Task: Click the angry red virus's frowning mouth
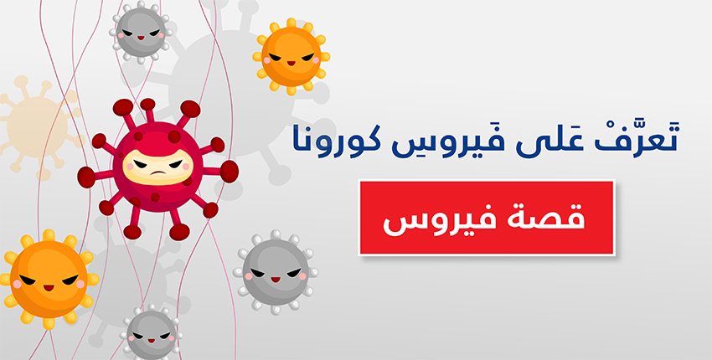tap(157, 173)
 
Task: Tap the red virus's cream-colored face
tap(157, 166)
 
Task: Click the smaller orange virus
tap(291, 56)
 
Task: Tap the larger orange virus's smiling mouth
tap(49, 287)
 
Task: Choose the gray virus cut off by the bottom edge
tap(152, 334)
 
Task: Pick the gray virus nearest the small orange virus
tap(141, 32)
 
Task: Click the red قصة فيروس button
tap(487, 218)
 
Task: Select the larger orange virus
tap(49, 279)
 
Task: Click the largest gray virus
tap(276, 272)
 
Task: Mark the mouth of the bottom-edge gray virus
tap(152, 341)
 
